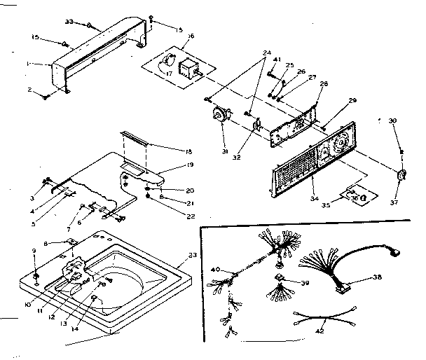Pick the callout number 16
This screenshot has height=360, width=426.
tap(190, 35)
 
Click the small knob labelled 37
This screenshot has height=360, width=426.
tap(402, 174)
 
